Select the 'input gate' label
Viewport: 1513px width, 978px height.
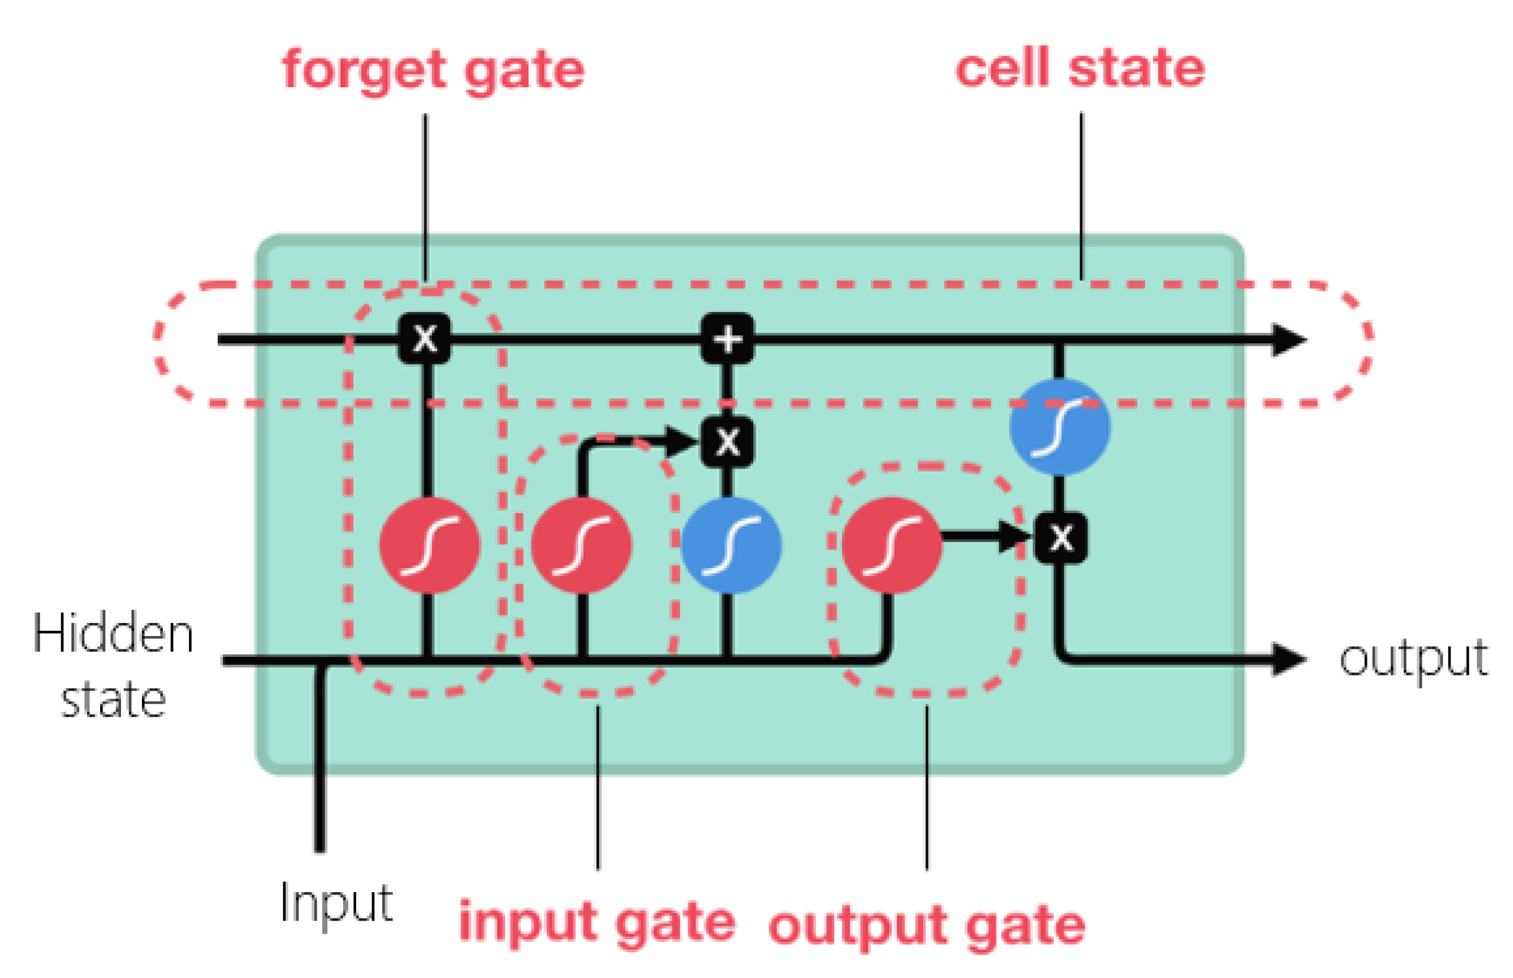tap(596, 922)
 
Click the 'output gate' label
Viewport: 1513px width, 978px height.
tap(927, 926)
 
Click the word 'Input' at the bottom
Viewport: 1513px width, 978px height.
tap(336, 902)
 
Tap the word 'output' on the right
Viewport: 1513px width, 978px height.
tap(1413, 659)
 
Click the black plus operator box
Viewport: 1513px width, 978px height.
tap(728, 338)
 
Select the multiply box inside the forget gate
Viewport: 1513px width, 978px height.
tap(425, 338)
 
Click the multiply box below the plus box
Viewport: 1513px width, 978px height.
tap(728, 442)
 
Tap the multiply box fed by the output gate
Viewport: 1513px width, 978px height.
tap(1060, 537)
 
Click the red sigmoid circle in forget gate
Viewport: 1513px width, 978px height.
tap(429, 545)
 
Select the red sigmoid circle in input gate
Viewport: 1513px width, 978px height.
tap(581, 545)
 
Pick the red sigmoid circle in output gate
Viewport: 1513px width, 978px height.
tap(892, 545)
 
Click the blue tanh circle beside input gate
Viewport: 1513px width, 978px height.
tap(731, 545)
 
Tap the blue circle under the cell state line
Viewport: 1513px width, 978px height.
tap(1059, 426)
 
